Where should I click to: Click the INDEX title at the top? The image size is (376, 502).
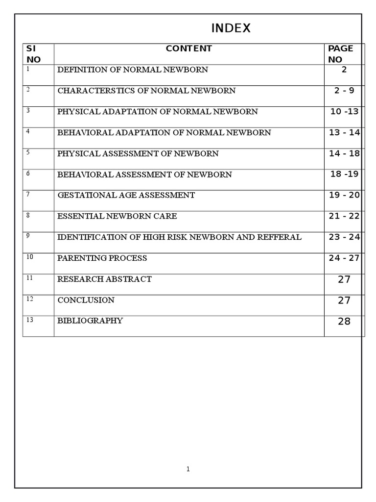coord(231,29)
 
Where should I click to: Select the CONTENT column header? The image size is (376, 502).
coord(188,49)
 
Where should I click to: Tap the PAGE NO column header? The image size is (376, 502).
coord(340,54)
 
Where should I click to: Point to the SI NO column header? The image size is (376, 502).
coord(33,54)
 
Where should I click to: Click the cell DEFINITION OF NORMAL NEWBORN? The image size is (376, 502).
coord(133,70)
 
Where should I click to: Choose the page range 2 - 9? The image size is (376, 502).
coord(344,91)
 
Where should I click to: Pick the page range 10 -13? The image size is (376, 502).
coord(344,112)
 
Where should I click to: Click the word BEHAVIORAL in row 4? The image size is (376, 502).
coord(81,133)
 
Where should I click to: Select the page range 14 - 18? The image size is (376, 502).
coord(344,153)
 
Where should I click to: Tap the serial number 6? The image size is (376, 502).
coord(28,174)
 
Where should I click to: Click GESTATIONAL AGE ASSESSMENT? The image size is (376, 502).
coord(126,195)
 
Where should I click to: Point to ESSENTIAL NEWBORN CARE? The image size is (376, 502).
coord(117,216)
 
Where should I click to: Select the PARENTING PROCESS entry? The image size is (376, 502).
coord(102,258)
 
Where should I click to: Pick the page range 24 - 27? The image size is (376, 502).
coord(344,258)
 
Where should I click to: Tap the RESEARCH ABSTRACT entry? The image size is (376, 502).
coord(105,279)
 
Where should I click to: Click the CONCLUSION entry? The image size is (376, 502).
coord(86,300)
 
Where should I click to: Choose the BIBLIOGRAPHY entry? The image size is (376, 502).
coord(91,321)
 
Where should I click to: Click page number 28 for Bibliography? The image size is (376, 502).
coord(344,322)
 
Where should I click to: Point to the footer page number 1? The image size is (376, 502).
coord(188,469)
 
